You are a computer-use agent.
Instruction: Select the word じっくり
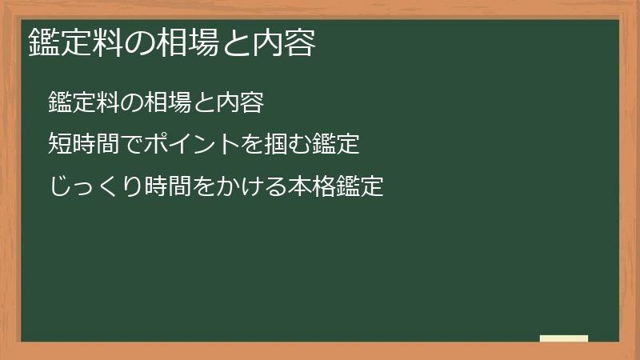95,187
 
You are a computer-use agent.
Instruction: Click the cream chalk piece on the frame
564,338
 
